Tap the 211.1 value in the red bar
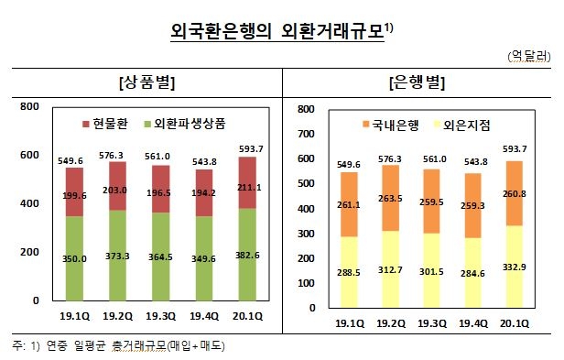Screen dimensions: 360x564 coord(248,188)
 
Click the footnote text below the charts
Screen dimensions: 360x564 coord(119,345)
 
